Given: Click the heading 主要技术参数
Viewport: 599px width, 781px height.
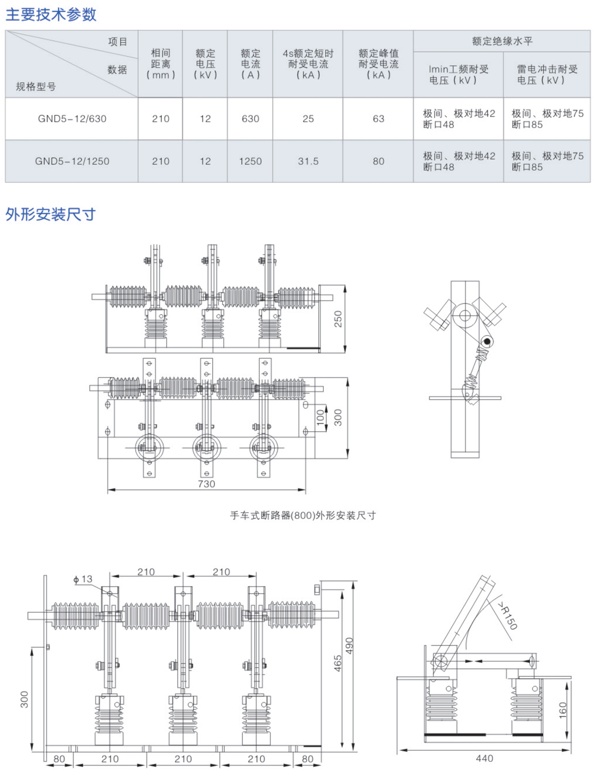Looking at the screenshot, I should pos(50,15).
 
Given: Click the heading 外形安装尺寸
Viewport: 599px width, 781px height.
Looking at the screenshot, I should pos(50,214).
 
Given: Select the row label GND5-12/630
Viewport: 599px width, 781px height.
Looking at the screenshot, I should pos(72,119).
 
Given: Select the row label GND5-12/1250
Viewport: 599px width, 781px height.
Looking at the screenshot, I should pos(72,161).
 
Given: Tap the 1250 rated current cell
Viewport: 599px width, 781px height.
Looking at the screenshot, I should pos(250,161).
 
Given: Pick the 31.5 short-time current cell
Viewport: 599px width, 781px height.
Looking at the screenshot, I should pos(308,161).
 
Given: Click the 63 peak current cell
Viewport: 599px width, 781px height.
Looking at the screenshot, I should pos(378,119).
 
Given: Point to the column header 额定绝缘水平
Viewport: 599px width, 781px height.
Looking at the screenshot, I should pos(502,41).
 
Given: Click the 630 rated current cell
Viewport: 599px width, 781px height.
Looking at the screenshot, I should pos(250,119).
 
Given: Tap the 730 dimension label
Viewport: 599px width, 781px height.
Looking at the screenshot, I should pos(206,484).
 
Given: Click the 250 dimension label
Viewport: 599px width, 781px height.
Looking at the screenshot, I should pos(338,319).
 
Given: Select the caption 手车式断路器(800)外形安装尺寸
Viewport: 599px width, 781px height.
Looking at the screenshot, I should pos(303,515).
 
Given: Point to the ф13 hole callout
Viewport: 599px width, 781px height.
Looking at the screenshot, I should pos(83,579).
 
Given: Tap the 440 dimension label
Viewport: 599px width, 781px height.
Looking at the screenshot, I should pos(484,758).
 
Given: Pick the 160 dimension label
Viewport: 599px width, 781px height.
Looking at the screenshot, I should pos(563,710).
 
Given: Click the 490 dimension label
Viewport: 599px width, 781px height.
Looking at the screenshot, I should pos(350,646).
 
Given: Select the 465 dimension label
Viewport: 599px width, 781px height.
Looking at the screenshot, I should pos(338,663).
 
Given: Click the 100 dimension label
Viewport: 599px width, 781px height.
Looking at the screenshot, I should pos(320,417).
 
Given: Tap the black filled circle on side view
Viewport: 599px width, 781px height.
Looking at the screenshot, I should pos(487,341).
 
